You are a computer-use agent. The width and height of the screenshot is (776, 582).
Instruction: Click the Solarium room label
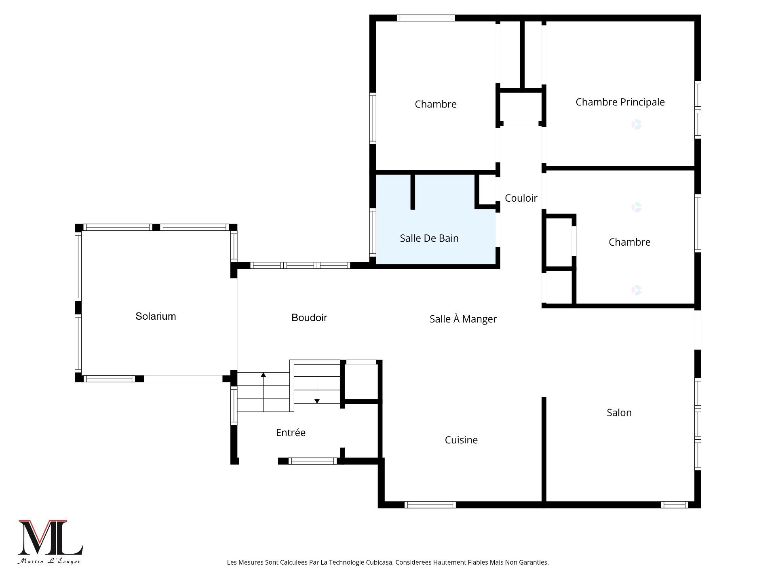(x=156, y=316)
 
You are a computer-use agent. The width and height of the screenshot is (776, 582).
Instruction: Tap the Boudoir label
(x=309, y=318)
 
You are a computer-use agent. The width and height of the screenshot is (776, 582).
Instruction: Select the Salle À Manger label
(x=463, y=319)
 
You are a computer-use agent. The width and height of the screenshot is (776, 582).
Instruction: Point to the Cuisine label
(x=461, y=440)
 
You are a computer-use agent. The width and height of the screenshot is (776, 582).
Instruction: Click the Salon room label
(x=619, y=413)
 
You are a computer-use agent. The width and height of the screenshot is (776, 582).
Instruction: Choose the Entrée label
(x=291, y=432)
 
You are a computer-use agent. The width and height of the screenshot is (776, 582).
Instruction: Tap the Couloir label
(x=521, y=198)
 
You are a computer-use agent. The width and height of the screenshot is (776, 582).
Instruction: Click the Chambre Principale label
(x=620, y=102)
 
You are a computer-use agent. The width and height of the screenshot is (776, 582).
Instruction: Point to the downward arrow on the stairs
(x=317, y=390)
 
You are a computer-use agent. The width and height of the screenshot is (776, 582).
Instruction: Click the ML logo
(x=50, y=537)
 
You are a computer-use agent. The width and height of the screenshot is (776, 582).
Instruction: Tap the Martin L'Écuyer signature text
(x=49, y=561)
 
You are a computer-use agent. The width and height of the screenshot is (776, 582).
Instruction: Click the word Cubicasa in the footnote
(x=380, y=562)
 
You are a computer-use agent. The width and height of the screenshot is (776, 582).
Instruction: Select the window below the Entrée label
(x=312, y=461)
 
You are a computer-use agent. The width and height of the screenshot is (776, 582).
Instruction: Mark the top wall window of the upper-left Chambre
(x=426, y=18)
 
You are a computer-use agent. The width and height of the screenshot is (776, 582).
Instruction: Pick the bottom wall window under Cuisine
(x=430, y=505)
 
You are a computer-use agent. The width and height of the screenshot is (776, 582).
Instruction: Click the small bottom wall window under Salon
(x=674, y=505)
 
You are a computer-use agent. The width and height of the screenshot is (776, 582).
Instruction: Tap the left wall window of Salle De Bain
(x=373, y=232)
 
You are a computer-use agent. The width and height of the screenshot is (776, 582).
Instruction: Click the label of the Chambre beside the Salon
(x=629, y=242)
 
